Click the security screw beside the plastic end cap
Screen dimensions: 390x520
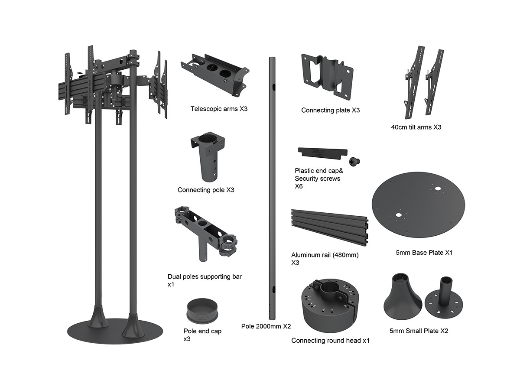tap(357, 161)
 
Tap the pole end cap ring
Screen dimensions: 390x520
tap(202, 312)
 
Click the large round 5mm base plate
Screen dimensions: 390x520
tap(418, 208)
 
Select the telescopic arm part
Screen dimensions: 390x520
tap(214, 74)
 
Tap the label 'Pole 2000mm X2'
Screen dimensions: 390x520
tap(266, 326)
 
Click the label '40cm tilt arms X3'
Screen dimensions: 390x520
tap(416, 127)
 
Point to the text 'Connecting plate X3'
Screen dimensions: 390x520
tap(331, 110)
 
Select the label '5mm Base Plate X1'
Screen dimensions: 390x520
tap(424, 252)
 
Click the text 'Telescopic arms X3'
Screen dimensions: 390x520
tap(219, 108)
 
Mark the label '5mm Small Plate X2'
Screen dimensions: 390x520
tap(419, 331)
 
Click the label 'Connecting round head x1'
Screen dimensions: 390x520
tap(330, 341)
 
